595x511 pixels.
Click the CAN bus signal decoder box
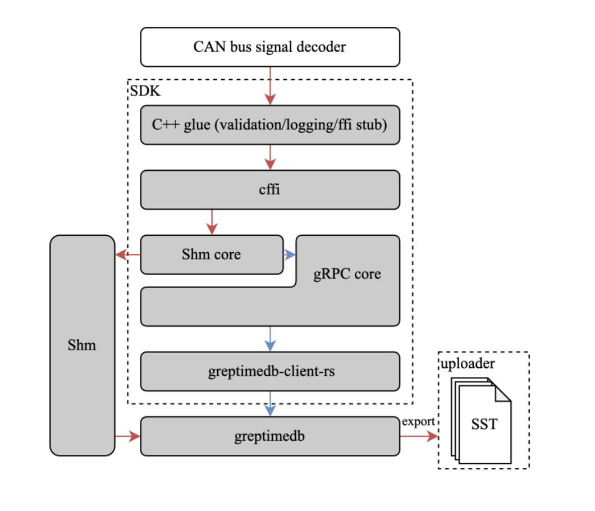pos(269,47)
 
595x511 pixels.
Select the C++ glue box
pos(269,125)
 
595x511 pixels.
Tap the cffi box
pos(269,190)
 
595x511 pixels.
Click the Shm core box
pos(211,254)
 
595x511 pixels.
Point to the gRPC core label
pos(347,274)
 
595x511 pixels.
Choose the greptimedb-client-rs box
pos(269,371)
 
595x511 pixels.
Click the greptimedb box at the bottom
pos(269,436)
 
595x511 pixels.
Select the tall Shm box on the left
pos(82,345)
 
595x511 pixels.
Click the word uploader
pos(467,364)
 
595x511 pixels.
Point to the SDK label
pos(145,91)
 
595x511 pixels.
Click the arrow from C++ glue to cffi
pos(271,157)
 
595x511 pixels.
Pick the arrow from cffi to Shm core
pos(212,222)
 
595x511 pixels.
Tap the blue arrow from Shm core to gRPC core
pos(290,254)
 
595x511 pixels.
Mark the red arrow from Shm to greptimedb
pos(127,436)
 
